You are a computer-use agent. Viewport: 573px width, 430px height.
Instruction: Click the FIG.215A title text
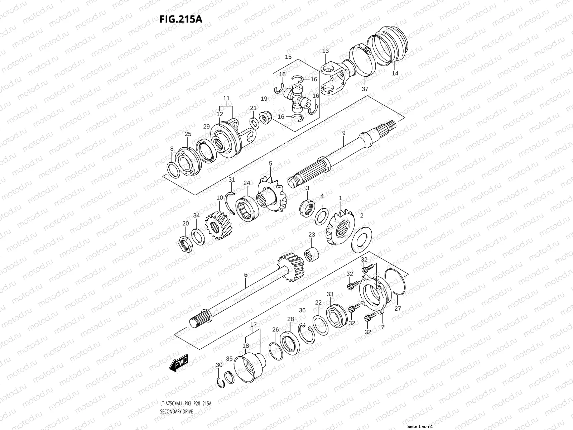tap(181, 19)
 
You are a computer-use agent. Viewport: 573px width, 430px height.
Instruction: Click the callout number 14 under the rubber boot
tap(395, 73)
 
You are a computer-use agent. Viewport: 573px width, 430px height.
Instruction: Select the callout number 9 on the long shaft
tap(343, 133)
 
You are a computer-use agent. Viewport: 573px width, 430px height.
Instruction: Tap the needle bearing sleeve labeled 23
tap(313, 254)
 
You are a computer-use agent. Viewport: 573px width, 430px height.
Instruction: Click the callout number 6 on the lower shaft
tap(246, 275)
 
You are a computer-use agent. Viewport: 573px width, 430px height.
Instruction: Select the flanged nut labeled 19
tap(265, 116)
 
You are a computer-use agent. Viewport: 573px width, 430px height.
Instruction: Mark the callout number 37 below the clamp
tap(365, 89)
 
